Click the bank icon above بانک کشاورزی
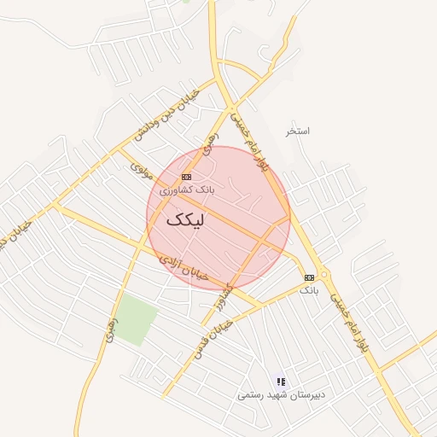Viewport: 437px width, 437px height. click(x=187, y=176)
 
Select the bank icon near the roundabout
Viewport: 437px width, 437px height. click(x=309, y=277)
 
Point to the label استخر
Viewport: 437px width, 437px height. click(x=298, y=131)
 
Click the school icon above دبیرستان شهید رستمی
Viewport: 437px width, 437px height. click(x=280, y=382)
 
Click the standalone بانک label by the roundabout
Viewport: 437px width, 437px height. click(x=309, y=291)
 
